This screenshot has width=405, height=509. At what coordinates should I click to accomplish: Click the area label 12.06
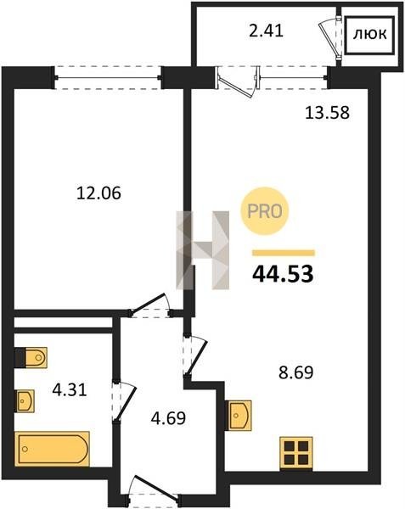98,193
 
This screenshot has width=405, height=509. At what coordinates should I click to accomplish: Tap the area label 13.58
328,113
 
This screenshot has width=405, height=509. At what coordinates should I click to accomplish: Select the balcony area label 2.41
266,31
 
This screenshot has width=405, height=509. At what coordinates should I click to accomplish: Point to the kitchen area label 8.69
295,373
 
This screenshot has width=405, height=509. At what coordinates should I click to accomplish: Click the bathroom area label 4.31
70,390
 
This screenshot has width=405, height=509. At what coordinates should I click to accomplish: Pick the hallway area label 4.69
168,418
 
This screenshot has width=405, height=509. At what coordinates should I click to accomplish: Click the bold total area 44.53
283,274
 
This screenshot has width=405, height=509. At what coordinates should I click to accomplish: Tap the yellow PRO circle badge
265,211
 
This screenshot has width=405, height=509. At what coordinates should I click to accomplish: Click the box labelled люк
370,34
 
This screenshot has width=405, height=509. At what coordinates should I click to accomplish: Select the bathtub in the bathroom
53,449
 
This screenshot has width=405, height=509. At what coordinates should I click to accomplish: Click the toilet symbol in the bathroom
31,357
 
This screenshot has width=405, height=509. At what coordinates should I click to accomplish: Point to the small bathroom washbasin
25,401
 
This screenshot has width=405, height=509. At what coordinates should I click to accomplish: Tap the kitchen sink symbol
239,416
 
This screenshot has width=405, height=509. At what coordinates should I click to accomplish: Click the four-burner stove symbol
296,454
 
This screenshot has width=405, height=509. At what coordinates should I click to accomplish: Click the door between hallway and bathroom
124,400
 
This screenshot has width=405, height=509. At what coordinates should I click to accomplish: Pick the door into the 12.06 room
151,305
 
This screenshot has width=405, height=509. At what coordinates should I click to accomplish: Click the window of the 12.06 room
108,78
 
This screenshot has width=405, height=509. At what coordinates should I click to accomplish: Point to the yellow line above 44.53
284,253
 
